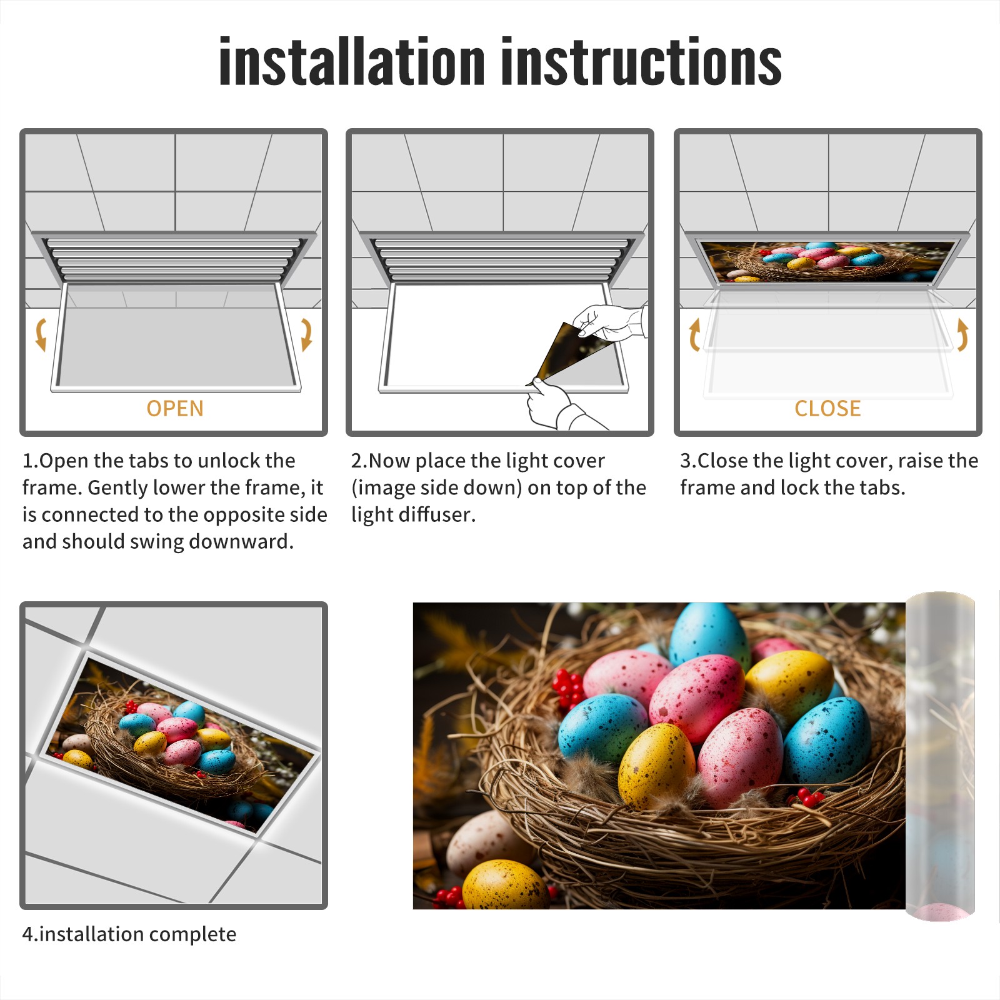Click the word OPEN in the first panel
click(x=175, y=409)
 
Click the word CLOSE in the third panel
click(x=827, y=409)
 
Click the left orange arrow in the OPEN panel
click(x=41, y=334)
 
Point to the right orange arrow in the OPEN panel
click(x=306, y=334)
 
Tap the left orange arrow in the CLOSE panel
click(x=694, y=334)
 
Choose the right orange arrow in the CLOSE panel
click(x=962, y=334)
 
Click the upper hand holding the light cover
click(x=609, y=321)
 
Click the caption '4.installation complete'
click(x=129, y=934)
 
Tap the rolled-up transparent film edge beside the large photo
click(x=940, y=756)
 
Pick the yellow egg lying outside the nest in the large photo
click(x=506, y=884)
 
